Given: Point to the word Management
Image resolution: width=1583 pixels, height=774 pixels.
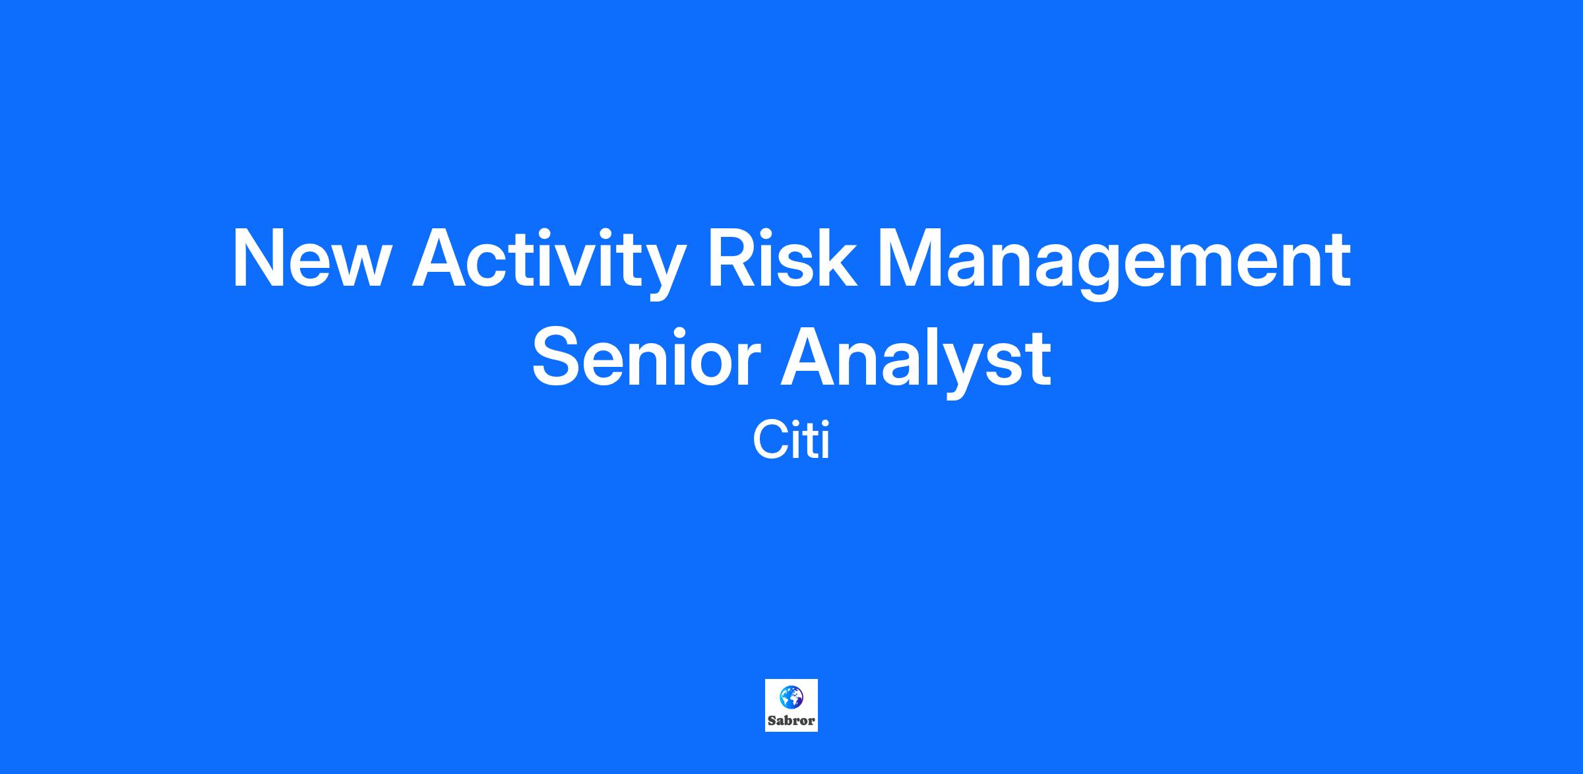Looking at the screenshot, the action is tap(1114, 263).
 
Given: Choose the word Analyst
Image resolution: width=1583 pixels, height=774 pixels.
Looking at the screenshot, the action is tap(916, 362).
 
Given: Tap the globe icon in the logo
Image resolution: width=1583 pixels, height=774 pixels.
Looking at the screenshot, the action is tap(791, 695).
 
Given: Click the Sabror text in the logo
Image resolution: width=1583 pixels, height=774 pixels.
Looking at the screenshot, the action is tap(791, 721).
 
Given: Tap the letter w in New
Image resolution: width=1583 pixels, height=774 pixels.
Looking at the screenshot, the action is tap(356, 266).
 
